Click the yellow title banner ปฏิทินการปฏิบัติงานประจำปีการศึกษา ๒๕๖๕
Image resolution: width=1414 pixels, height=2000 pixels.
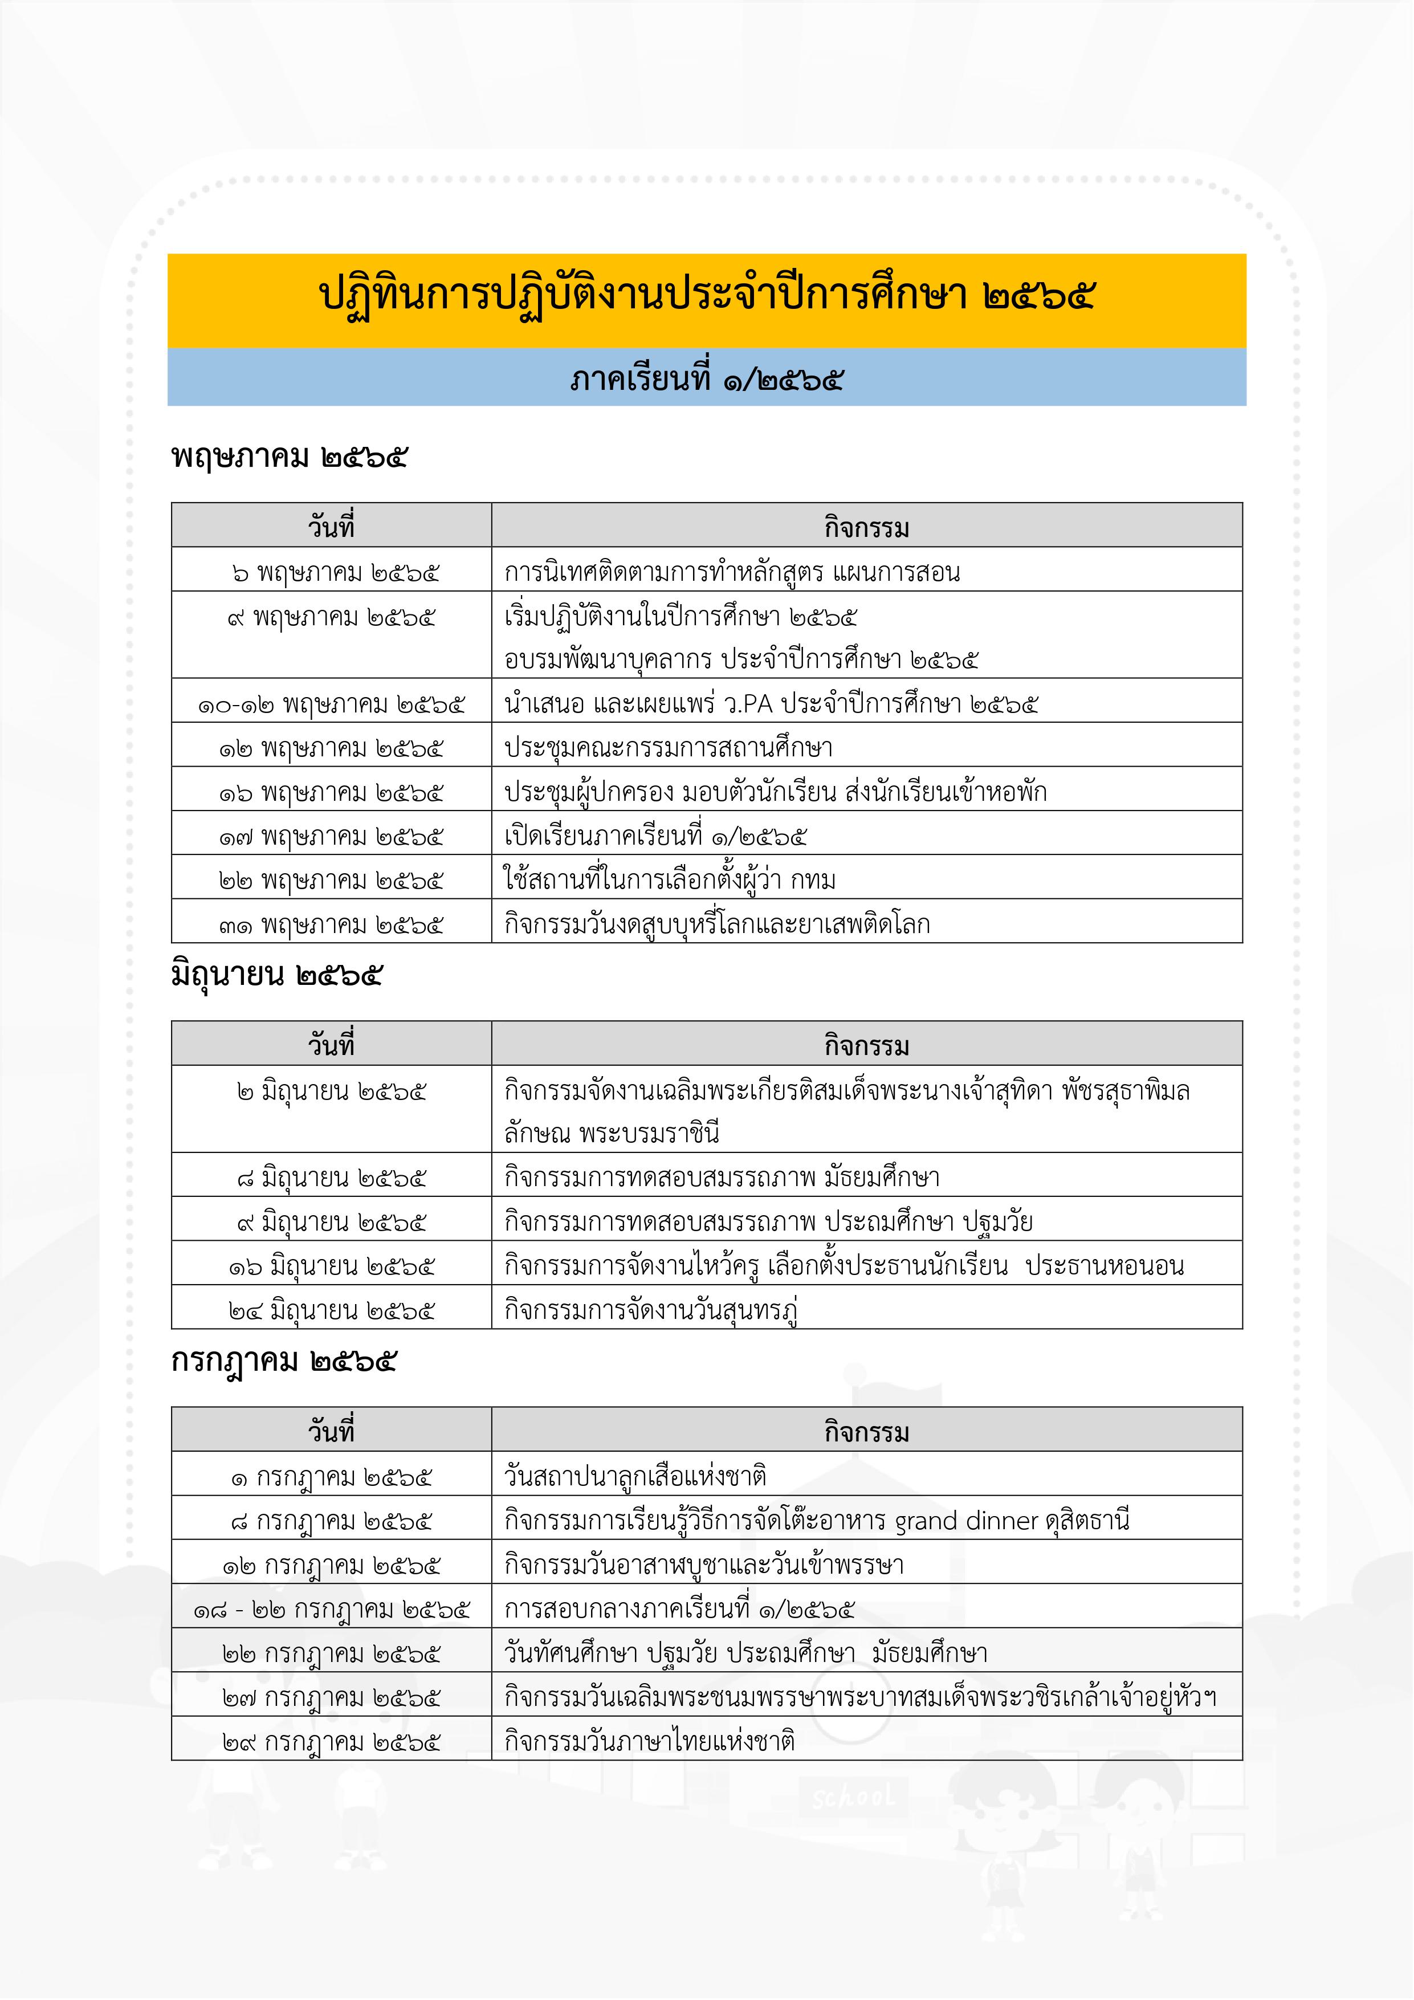(x=707, y=297)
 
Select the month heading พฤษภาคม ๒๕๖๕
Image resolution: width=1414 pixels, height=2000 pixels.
(x=290, y=457)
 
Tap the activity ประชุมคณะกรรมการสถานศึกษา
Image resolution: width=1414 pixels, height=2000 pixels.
(x=668, y=747)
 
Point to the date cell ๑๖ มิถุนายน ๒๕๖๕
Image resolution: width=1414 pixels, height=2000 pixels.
(x=331, y=1266)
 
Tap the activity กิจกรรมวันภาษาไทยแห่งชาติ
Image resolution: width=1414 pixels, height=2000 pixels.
(x=649, y=1741)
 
